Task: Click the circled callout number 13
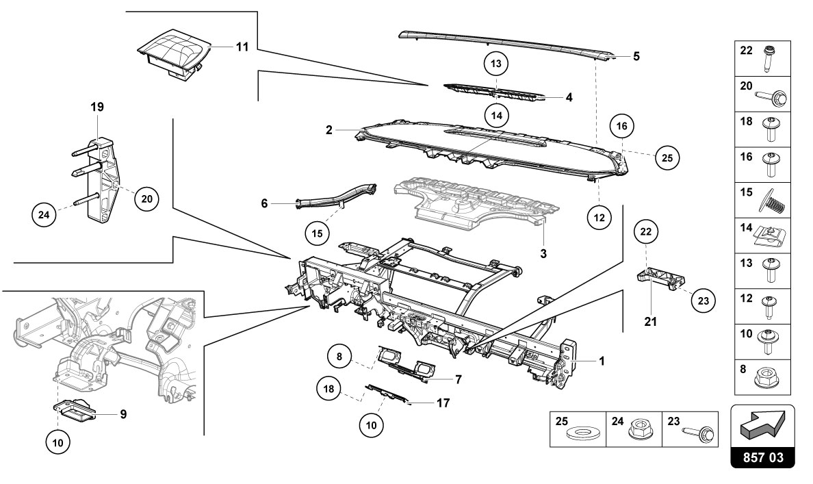coord(496,64)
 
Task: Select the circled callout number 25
coord(667,157)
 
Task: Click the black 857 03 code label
coord(763,457)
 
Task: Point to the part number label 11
coord(242,47)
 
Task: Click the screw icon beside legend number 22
coord(771,59)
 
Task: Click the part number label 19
coord(97,107)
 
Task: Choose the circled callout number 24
coord(44,214)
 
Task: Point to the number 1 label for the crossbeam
coord(602,361)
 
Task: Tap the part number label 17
coord(443,403)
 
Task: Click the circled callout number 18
coord(329,389)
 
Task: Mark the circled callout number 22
coord(645,232)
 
